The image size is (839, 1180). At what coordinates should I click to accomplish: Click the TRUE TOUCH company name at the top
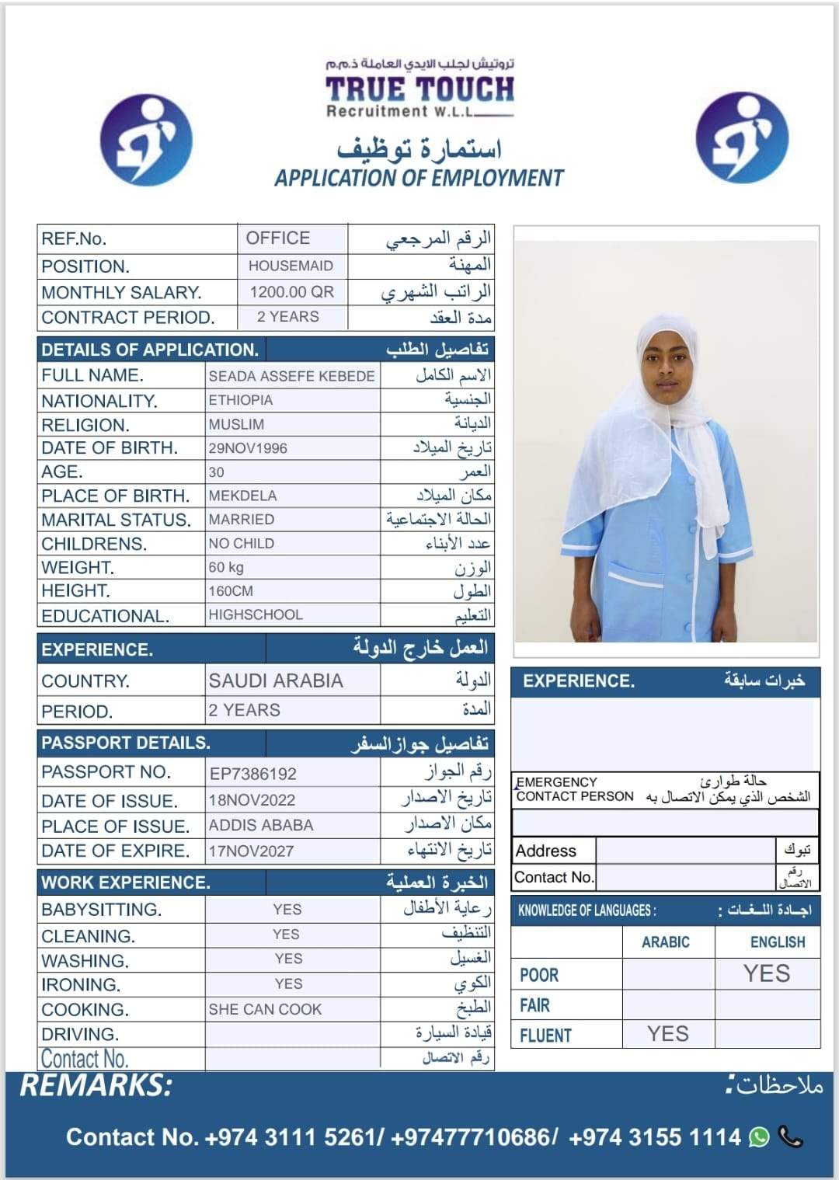tap(419, 89)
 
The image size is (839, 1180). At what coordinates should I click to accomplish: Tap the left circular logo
tap(147, 140)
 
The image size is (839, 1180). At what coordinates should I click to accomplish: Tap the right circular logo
tap(742, 138)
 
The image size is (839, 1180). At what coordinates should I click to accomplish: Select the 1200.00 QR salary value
tap(291, 292)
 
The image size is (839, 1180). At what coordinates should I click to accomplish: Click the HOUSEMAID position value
tap(291, 266)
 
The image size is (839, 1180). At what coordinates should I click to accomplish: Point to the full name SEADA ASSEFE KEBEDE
tap(291, 376)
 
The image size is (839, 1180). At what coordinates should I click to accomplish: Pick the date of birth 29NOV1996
tap(248, 448)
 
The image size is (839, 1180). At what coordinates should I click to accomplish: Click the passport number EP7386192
tap(253, 774)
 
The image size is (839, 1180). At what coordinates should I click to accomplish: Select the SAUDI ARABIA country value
tap(276, 681)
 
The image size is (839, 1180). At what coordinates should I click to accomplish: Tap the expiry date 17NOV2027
tap(251, 851)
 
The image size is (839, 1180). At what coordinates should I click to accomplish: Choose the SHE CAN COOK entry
tap(265, 1009)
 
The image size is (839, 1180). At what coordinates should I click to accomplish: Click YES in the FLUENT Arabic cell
tap(668, 1034)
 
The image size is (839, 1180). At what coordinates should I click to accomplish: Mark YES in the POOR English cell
tap(767, 973)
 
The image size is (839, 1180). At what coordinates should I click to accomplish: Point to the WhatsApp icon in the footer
tap(759, 1137)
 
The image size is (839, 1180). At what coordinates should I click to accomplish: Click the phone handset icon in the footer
tap(790, 1137)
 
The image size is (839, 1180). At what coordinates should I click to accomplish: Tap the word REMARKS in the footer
tap(96, 1085)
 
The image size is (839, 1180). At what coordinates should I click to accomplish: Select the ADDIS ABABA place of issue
tap(261, 825)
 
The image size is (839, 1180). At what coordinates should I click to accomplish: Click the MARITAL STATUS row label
tap(116, 520)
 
